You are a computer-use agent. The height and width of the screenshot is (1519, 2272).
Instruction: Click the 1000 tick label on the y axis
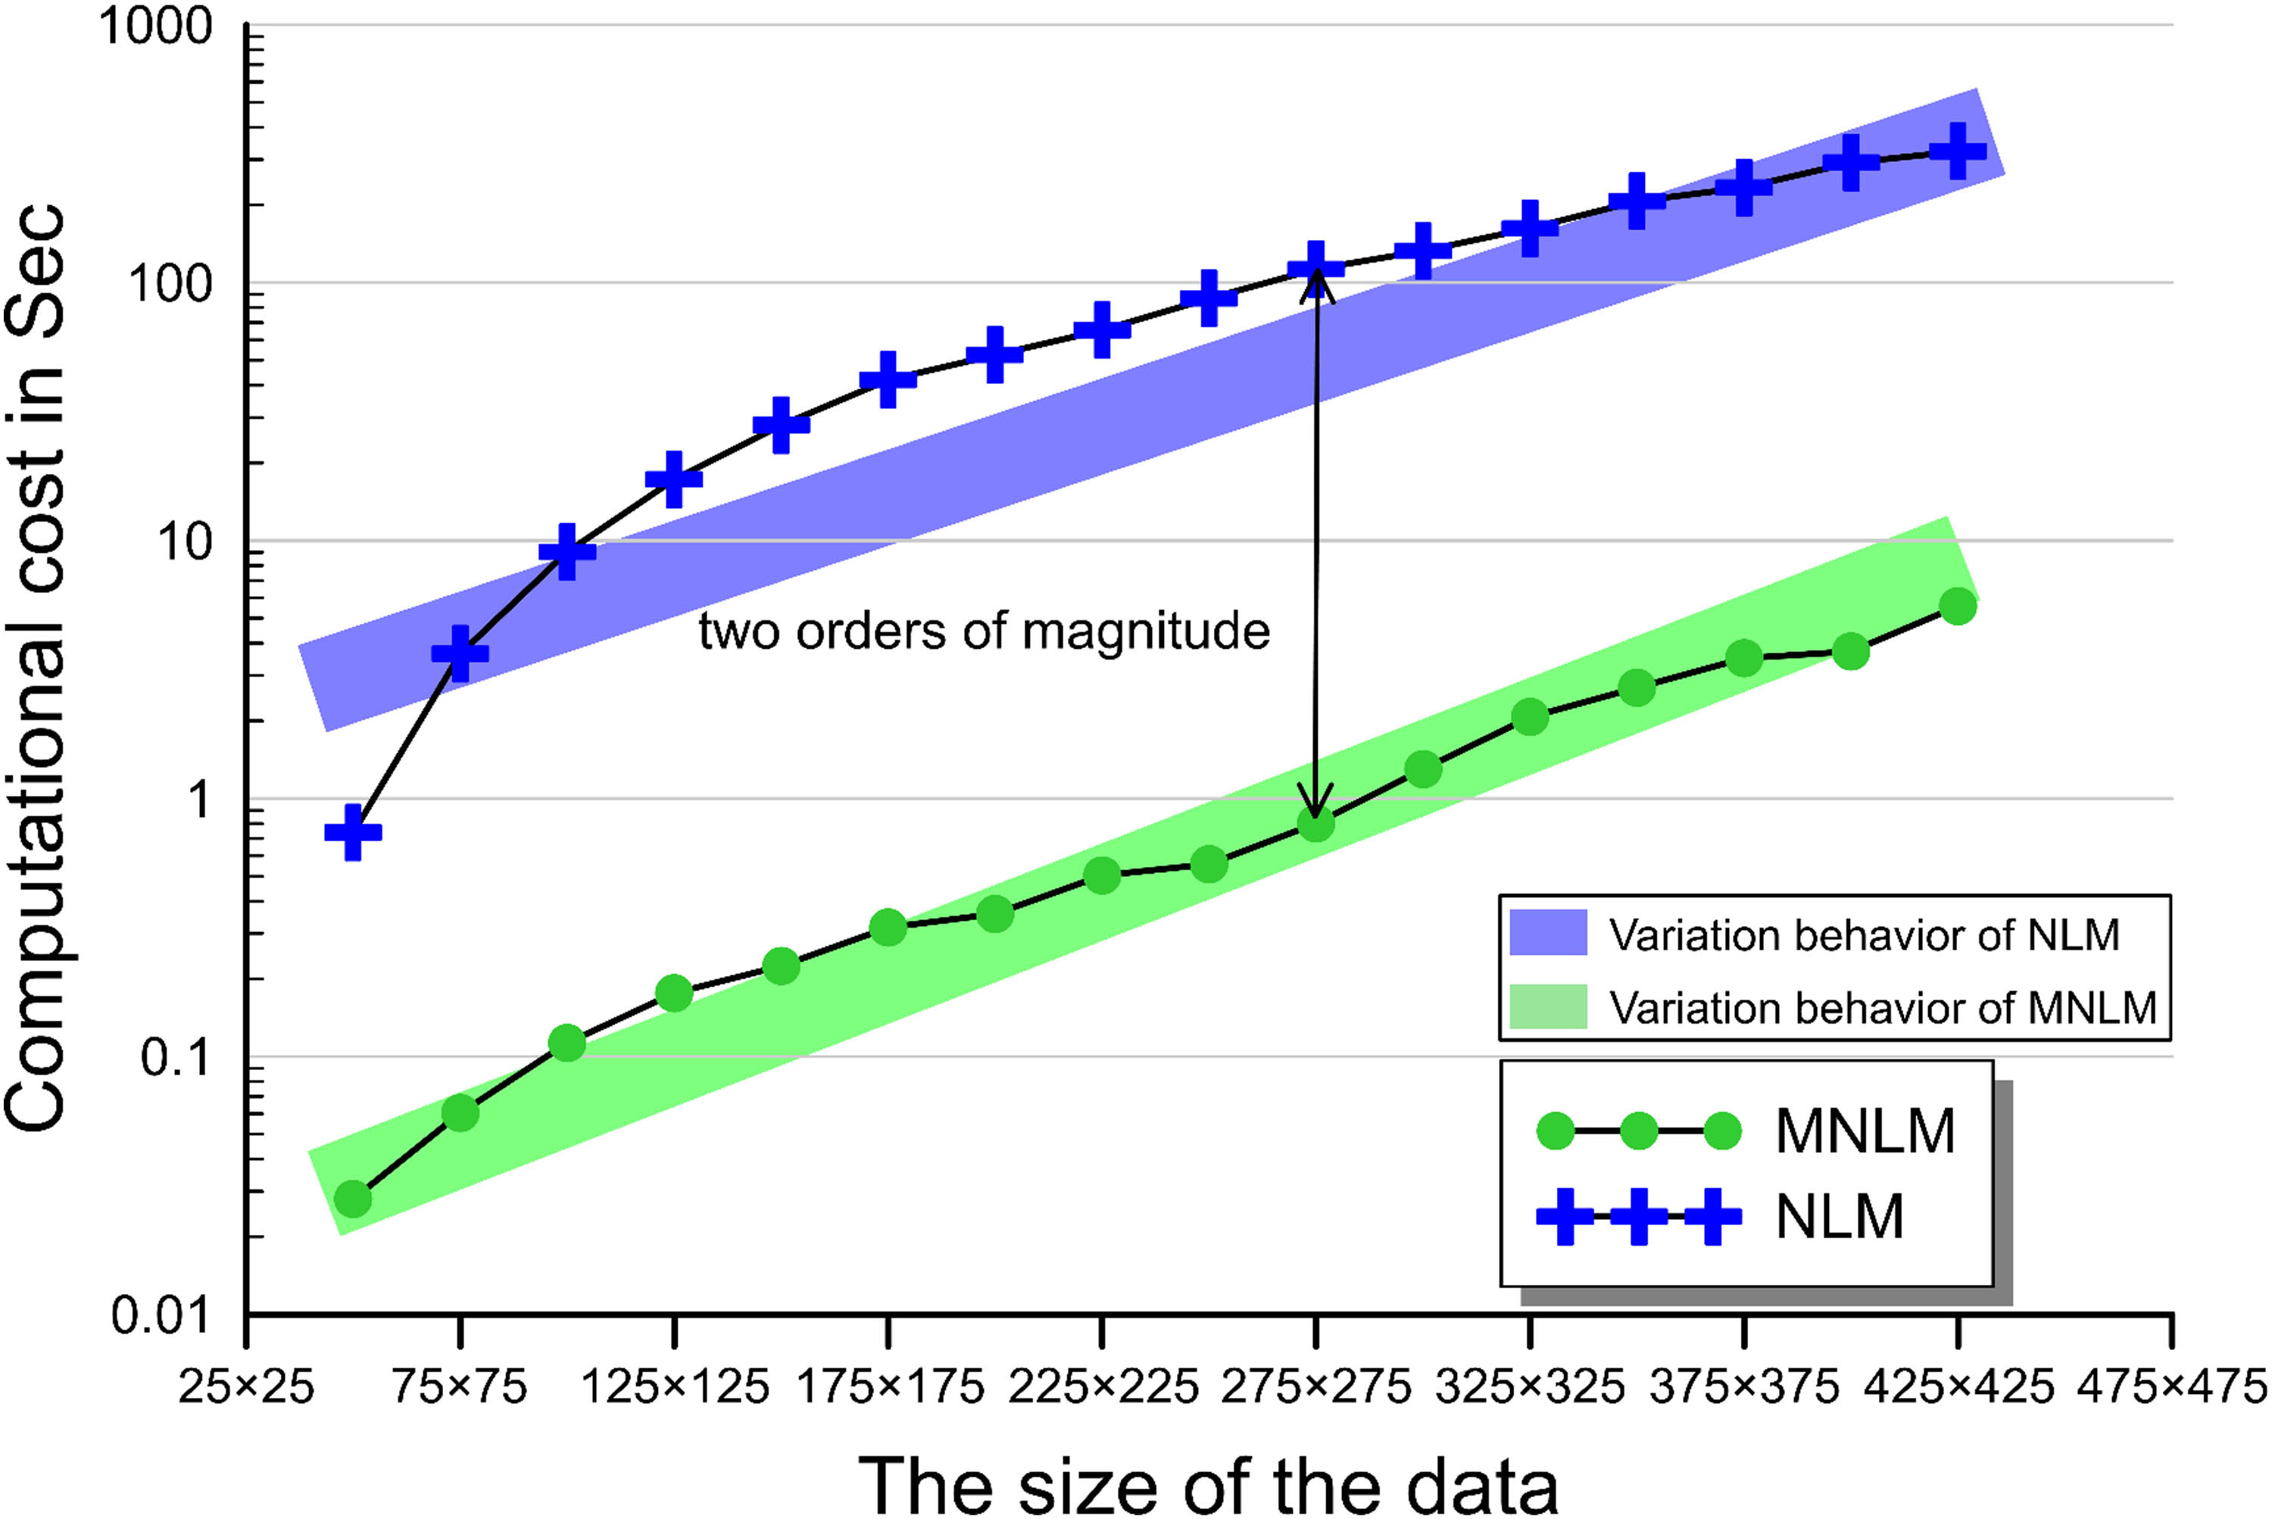point(155,27)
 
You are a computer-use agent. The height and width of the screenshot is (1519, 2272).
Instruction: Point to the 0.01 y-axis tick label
point(161,1315)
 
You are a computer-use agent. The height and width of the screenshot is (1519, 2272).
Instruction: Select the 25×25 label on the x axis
point(246,1387)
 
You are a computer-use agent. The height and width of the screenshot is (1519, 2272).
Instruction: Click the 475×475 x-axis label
point(2171,1387)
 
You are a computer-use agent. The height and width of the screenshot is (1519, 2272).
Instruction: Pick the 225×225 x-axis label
point(1103,1387)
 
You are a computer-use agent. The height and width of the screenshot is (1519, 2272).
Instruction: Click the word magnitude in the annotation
point(1145,632)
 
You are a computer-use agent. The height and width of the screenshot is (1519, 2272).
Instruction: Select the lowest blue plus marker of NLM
point(353,832)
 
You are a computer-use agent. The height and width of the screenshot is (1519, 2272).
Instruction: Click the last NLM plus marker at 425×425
point(1957,151)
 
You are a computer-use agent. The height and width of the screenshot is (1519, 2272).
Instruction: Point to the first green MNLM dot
point(354,1199)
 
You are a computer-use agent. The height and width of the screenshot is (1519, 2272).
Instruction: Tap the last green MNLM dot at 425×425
point(1957,607)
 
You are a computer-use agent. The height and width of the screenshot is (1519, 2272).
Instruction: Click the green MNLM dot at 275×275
point(1315,825)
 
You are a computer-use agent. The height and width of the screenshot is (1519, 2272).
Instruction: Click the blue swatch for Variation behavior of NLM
point(1548,933)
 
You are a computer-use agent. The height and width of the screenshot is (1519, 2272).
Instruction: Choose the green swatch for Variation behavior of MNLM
point(1548,1006)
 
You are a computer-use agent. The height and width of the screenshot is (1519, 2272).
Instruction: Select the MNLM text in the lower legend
point(1865,1131)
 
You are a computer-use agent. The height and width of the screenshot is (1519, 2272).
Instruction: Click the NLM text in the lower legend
point(1839,1217)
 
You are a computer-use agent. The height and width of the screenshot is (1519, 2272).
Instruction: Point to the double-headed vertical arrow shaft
point(1315,542)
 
